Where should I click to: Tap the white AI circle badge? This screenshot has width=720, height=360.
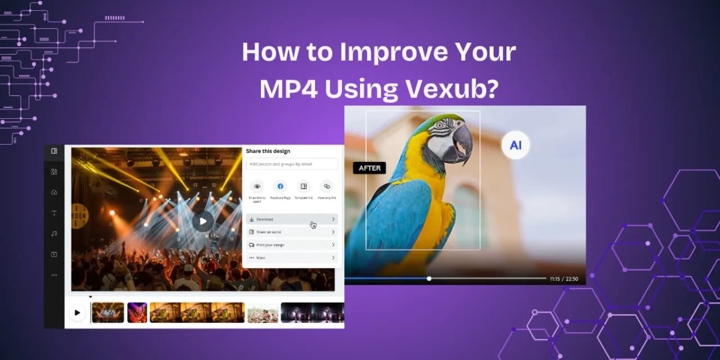pyautogui.click(x=515, y=146)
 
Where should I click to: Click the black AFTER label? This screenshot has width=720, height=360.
pyautogui.click(x=370, y=168)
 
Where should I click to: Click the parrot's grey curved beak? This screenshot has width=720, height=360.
pyautogui.click(x=463, y=142)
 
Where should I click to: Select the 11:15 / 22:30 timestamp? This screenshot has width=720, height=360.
pyautogui.click(x=564, y=278)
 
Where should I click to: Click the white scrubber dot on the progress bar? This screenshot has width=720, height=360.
pyautogui.click(x=429, y=278)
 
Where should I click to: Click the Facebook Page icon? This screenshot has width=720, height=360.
pyautogui.click(x=280, y=186)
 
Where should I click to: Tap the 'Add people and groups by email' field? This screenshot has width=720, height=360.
pyautogui.click(x=292, y=164)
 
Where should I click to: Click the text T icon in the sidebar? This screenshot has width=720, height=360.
pyautogui.click(x=54, y=213)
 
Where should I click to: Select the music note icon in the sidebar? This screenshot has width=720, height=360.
pyautogui.click(x=54, y=233)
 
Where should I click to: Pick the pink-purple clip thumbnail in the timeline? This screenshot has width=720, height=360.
pyautogui.click(x=137, y=313)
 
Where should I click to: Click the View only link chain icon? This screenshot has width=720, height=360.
pyautogui.click(x=327, y=186)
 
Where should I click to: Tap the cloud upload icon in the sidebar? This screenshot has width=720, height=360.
pyautogui.click(x=54, y=192)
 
